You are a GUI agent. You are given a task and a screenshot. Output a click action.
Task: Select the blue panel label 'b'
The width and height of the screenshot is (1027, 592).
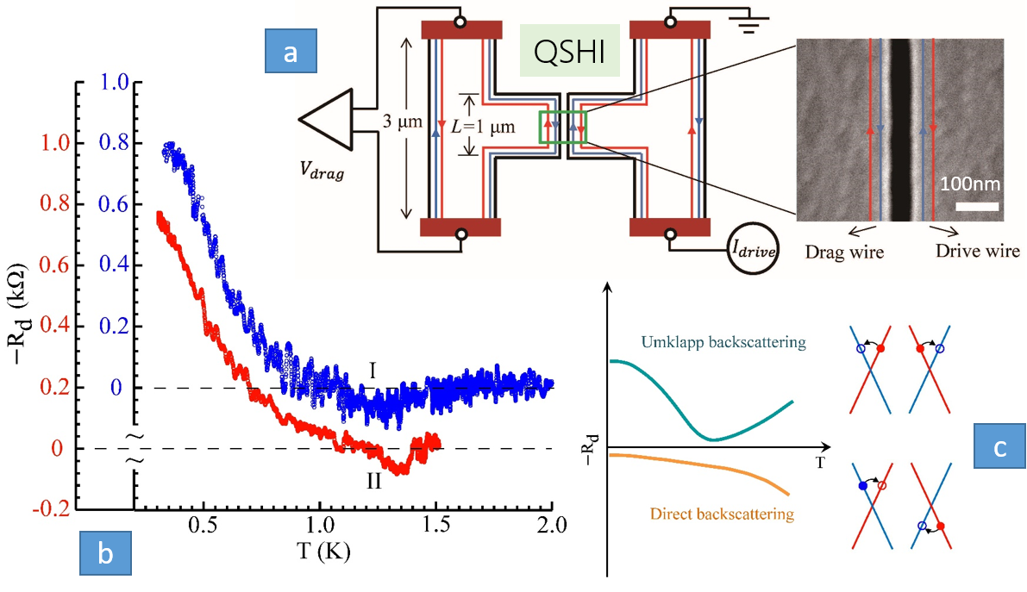105,554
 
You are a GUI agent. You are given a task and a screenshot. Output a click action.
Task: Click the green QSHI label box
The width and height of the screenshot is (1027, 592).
570,56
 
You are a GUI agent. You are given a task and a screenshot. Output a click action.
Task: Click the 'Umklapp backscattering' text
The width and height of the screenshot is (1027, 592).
723,343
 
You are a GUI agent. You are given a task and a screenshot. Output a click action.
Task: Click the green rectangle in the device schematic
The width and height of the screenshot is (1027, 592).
562,127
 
